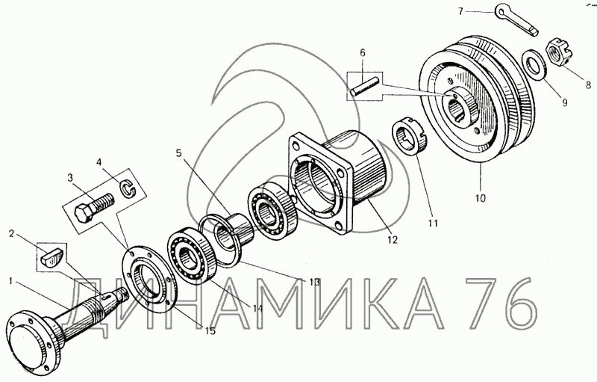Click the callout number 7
[x=460, y=11]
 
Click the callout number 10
[x=481, y=198]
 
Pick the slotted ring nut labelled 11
[x=411, y=137]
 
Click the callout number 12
[x=393, y=240]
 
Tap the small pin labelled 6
[x=365, y=87]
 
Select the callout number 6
[x=362, y=52]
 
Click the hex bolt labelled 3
[x=94, y=208]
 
